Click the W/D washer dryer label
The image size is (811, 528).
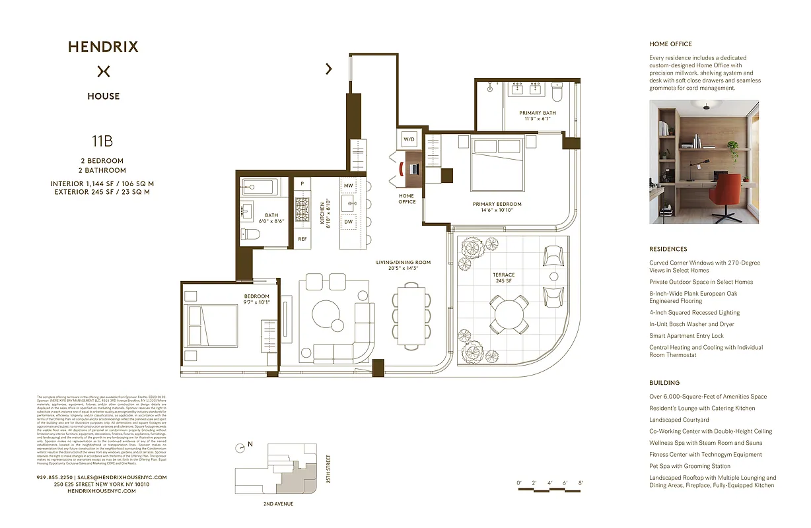(x=409, y=139)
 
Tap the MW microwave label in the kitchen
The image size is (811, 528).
(x=349, y=186)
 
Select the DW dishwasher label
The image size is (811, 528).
(x=349, y=222)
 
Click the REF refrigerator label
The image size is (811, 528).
(x=302, y=238)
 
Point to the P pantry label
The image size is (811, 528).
(x=302, y=183)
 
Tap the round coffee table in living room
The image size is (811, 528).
(x=328, y=316)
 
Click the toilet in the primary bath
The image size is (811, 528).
(x=556, y=94)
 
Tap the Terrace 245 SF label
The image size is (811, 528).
(x=504, y=278)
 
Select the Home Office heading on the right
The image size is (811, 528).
(x=670, y=44)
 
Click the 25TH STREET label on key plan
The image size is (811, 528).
(x=328, y=469)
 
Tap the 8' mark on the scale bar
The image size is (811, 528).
(x=581, y=483)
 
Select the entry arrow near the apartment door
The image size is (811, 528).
(x=329, y=68)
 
